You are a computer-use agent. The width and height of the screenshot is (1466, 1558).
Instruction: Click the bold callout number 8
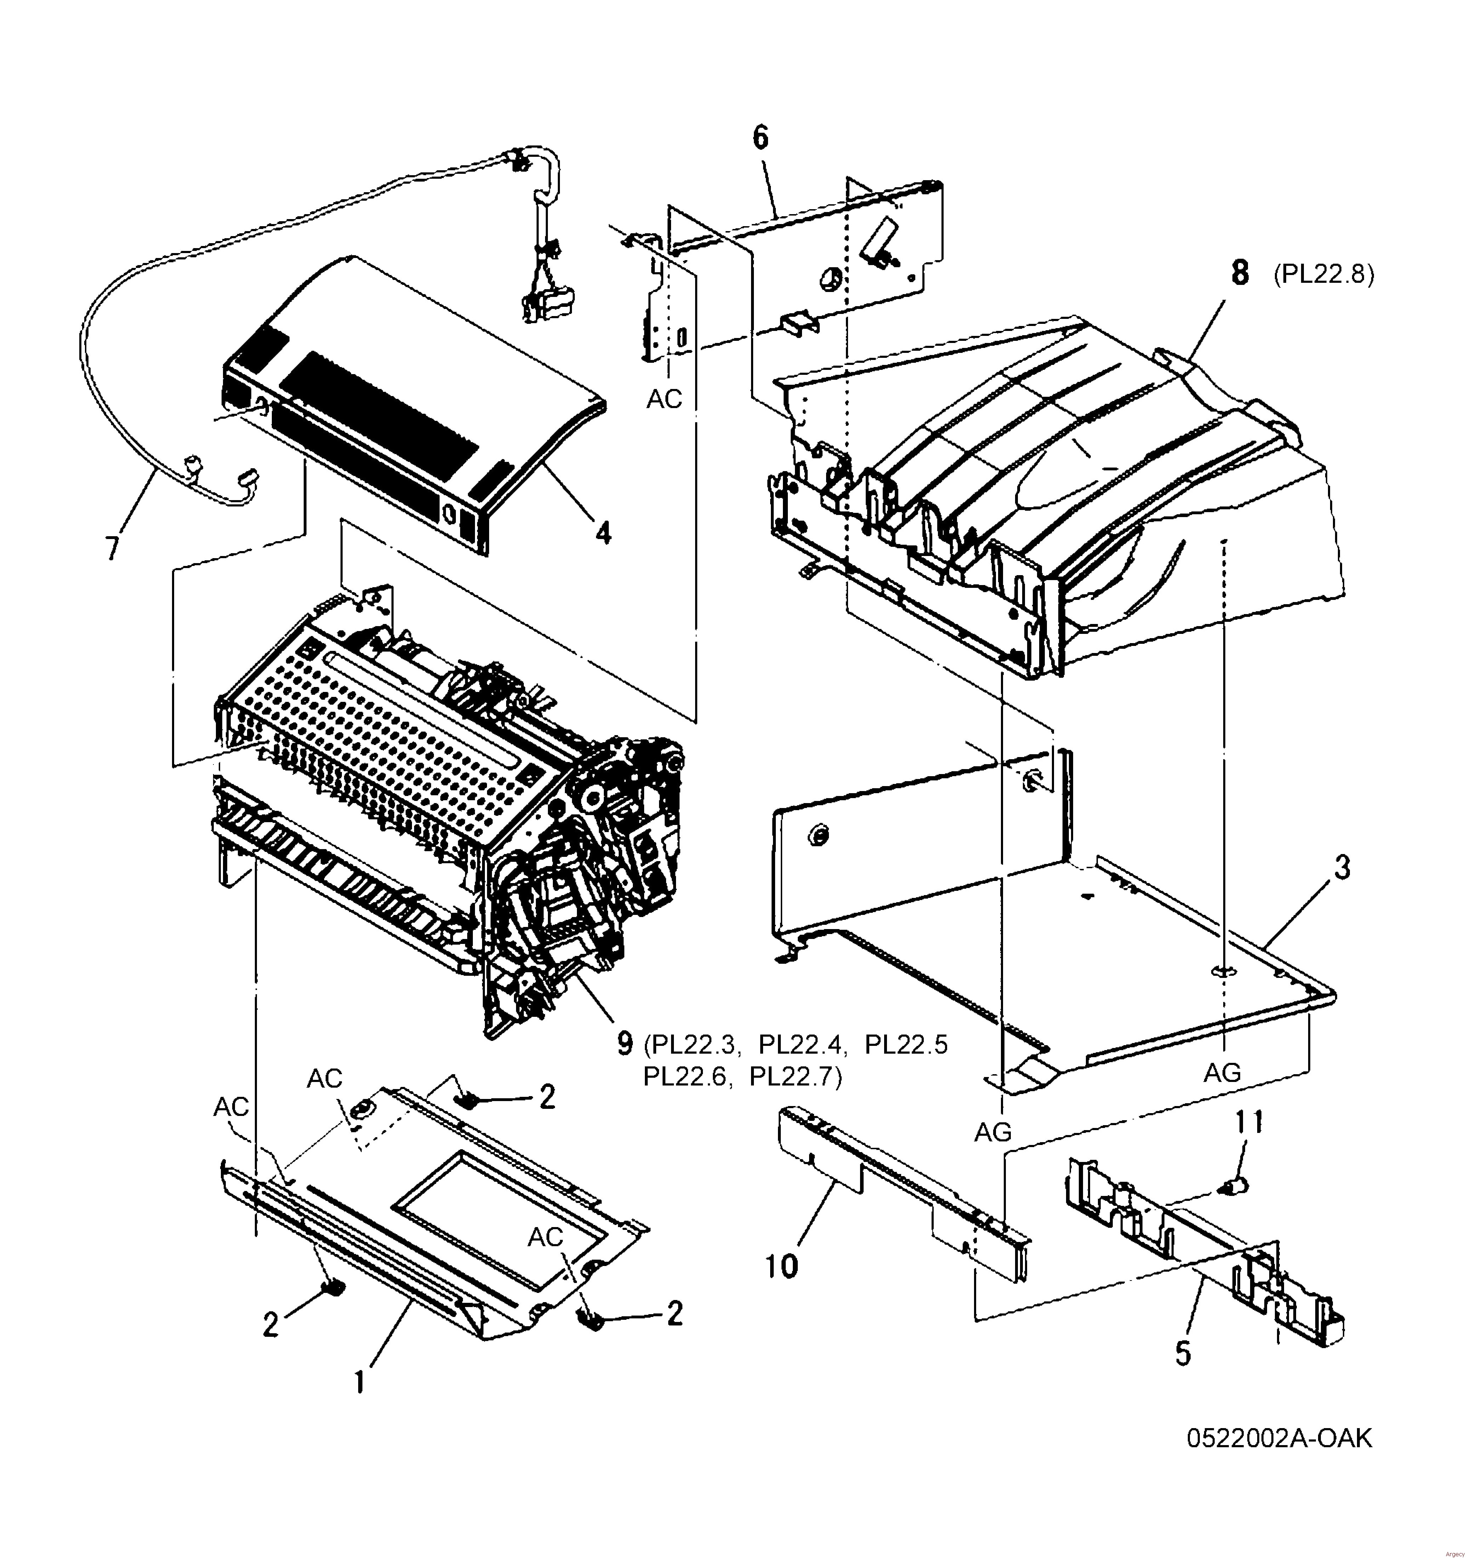click(1240, 274)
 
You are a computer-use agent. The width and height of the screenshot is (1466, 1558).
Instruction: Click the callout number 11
click(1249, 1122)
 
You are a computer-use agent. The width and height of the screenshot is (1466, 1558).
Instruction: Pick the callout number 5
click(1183, 1353)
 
